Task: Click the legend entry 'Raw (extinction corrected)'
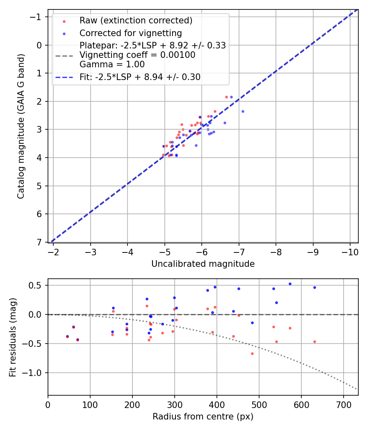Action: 136,21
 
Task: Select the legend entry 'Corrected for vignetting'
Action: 130,33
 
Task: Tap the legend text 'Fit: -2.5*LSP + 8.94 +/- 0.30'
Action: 140,77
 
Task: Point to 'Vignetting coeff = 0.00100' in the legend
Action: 137,55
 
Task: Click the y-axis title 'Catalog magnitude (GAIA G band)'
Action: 21,126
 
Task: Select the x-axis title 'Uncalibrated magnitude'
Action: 203,264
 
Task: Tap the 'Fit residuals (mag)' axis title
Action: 13,337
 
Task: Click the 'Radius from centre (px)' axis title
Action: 203,417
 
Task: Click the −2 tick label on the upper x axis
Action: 53,250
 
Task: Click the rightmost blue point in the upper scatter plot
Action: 243,111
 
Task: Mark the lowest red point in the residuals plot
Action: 252,353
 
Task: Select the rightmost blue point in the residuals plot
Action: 314,287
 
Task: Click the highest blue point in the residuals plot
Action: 290,284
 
